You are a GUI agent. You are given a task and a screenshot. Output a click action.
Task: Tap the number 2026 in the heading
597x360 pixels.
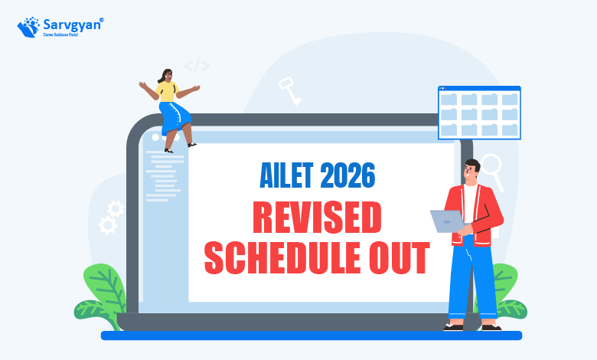[347, 175]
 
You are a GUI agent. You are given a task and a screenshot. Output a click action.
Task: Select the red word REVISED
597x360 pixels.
[317, 217]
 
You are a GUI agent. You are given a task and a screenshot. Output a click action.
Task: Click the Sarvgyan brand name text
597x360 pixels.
[73, 25]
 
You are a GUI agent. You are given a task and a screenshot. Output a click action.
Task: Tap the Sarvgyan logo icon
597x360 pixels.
[28, 27]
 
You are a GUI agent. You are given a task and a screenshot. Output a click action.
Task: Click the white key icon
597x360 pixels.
[290, 90]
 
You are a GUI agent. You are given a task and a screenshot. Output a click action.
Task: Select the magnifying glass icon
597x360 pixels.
[493, 172]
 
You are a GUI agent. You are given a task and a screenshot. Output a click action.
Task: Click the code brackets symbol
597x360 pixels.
[197, 66]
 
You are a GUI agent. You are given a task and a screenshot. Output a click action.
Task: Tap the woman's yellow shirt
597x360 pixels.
[167, 91]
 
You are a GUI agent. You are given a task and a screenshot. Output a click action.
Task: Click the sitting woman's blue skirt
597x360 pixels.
[175, 117]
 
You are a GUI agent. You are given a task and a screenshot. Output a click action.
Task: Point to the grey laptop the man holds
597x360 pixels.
[448, 221]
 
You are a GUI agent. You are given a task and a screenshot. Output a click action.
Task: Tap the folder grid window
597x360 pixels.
[479, 113]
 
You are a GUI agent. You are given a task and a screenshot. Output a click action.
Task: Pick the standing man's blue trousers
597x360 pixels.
[472, 281]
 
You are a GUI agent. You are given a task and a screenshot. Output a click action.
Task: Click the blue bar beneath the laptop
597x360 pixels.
[312, 335]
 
